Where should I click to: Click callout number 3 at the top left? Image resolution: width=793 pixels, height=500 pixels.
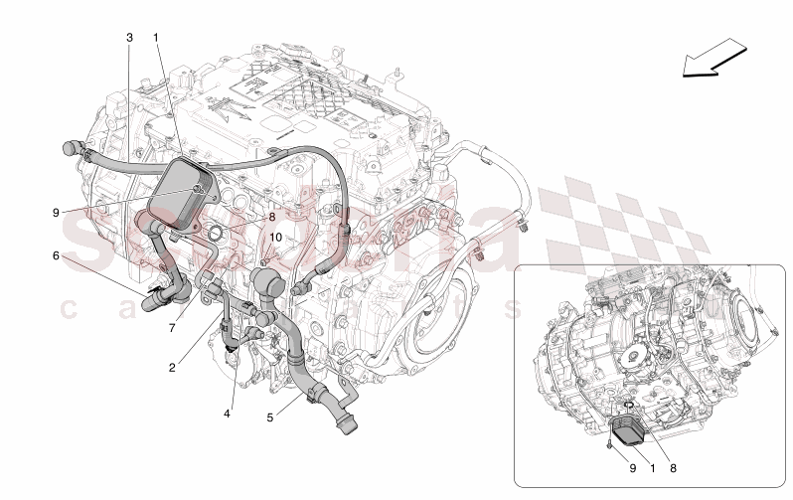pyautogui.click(x=129, y=37)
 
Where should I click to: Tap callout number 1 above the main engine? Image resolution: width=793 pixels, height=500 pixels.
pyautogui.click(x=156, y=37)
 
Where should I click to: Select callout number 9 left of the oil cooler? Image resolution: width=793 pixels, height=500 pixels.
pyautogui.click(x=57, y=211)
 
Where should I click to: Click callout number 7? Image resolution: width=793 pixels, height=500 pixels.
pyautogui.click(x=172, y=327)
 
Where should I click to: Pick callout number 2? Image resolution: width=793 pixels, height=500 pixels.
pyautogui.click(x=172, y=367)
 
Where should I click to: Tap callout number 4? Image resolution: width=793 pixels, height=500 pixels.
pyautogui.click(x=227, y=414)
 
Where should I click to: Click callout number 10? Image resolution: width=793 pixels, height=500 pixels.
pyautogui.click(x=276, y=239)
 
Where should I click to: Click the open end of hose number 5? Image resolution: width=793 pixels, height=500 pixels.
pyautogui.click(x=346, y=428)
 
